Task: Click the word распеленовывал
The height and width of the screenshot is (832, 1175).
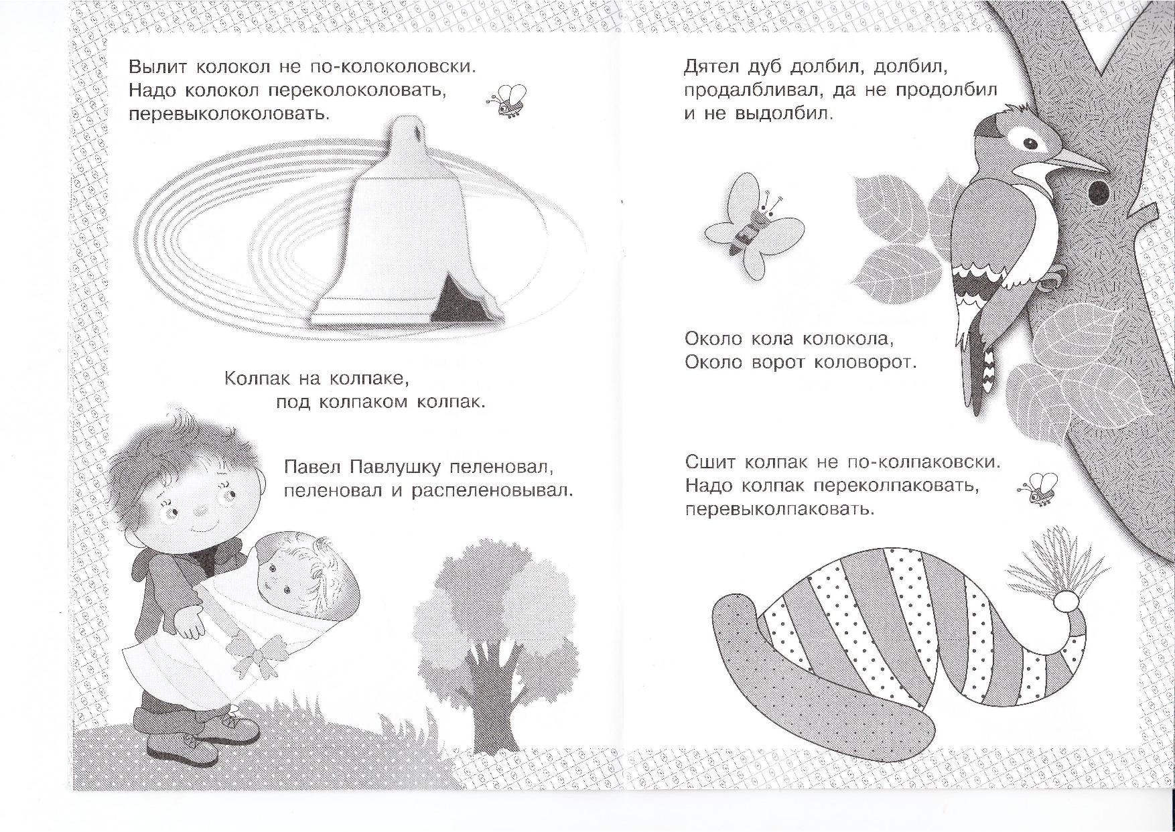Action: pos(492,492)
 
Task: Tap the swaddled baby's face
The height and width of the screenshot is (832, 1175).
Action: pos(280,573)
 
